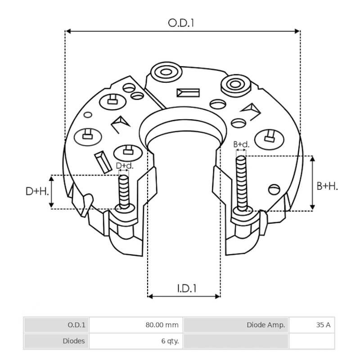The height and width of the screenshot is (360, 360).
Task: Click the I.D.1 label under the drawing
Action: coord(184,288)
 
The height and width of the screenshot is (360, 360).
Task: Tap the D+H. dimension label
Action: coord(37,192)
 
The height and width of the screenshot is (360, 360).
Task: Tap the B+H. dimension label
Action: coord(327,186)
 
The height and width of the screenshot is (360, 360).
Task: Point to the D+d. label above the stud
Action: coord(125,166)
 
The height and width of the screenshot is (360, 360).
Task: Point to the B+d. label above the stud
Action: coord(241,144)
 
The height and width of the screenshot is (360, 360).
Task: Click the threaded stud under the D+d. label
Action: coord(123,191)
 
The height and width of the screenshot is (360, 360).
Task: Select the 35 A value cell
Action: coord(312,325)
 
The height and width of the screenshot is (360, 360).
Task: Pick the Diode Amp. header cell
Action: coord(236,325)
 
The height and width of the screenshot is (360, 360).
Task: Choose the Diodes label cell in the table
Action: coord(57,341)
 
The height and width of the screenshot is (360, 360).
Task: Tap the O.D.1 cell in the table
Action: coord(57,325)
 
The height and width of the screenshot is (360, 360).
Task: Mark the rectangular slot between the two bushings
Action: coord(188,93)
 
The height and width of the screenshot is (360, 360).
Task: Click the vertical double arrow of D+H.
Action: coord(51,192)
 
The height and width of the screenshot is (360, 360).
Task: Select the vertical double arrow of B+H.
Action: coord(313,183)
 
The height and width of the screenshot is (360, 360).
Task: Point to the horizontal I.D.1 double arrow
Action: coord(184,297)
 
